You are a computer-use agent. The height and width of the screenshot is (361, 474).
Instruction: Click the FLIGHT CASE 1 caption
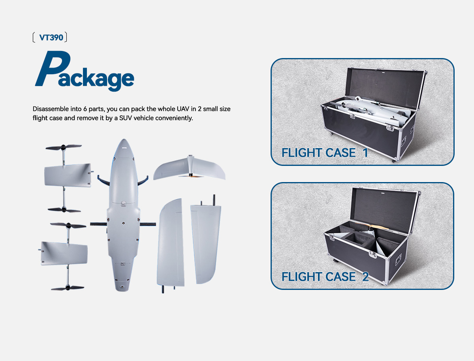click(324, 152)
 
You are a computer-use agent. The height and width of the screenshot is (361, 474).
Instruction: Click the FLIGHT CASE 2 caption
click(325, 276)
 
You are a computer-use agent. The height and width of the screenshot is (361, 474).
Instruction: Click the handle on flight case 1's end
click(404, 140)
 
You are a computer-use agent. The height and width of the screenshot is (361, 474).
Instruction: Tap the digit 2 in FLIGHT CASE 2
click(365, 276)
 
